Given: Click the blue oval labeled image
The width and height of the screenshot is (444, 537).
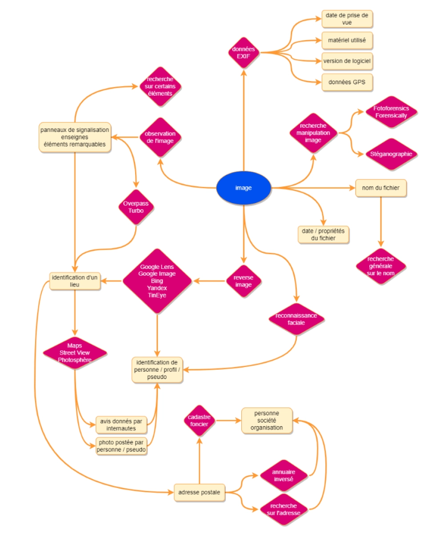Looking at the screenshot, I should [x=244, y=188].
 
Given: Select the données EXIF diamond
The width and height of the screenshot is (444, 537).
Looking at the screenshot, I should [x=244, y=53].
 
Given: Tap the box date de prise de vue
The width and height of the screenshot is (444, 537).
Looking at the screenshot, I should [x=347, y=19].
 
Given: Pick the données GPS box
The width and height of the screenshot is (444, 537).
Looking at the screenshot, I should [x=347, y=82].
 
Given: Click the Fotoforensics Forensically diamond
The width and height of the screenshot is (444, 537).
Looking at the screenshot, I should [x=391, y=112].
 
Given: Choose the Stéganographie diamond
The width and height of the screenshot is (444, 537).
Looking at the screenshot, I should [x=391, y=154].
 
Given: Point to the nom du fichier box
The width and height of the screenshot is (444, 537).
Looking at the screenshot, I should [x=380, y=188].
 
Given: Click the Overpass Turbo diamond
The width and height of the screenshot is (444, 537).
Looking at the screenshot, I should [x=136, y=207].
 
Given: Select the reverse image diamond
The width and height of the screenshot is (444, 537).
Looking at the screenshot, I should [x=243, y=281].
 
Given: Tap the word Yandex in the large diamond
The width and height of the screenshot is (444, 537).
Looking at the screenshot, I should [x=157, y=288].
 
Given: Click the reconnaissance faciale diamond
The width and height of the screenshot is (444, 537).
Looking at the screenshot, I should [x=296, y=319].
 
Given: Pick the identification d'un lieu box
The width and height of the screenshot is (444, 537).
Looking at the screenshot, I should [x=75, y=281].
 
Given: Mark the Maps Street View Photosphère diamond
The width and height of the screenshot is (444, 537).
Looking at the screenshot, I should [x=75, y=353].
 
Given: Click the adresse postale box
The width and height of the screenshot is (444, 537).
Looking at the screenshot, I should [x=199, y=492].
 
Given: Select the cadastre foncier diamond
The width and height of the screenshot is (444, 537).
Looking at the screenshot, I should [x=199, y=420].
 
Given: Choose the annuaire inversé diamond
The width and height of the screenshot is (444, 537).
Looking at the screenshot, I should [x=284, y=476].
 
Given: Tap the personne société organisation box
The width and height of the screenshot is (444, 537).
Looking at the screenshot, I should [x=267, y=420].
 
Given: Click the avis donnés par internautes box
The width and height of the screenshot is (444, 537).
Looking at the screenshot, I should [x=121, y=425].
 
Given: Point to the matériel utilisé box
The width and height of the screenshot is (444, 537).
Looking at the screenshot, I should [x=347, y=40].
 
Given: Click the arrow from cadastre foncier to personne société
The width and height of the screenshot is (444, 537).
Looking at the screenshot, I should [x=228, y=420].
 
